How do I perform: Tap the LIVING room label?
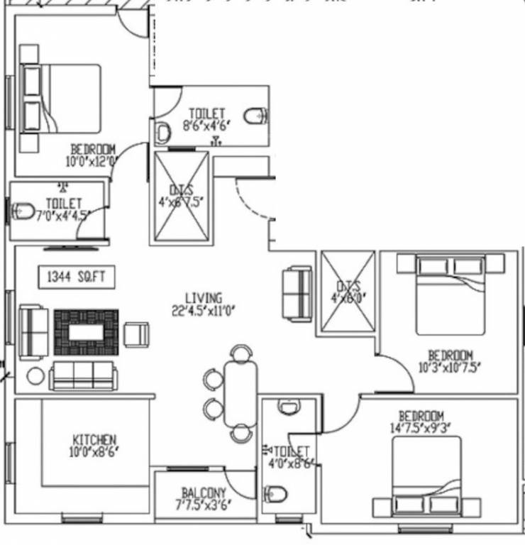pos(203,298)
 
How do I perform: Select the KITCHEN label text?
pos(94,440)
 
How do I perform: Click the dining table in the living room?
pos(241,393)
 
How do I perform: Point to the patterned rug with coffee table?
pos(87,332)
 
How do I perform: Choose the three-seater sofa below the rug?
pos(83,375)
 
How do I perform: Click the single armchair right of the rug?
pos(136,334)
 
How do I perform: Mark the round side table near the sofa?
pos(35,375)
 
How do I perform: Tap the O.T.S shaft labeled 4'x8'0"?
pos(348,291)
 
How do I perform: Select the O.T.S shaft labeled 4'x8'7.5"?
pos(182,197)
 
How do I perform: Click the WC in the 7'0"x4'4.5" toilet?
pos(23,210)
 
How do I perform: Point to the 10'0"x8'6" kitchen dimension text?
pos(94,452)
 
